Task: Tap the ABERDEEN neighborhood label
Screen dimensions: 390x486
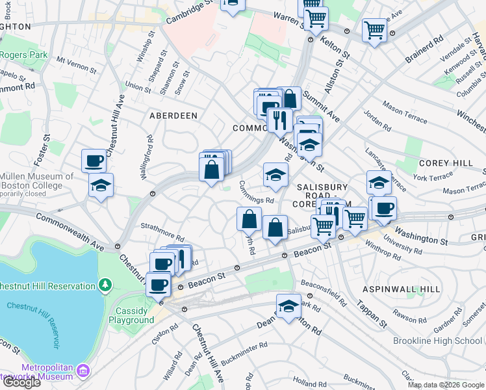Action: click(173, 115)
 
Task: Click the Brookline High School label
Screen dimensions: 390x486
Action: click(437, 341)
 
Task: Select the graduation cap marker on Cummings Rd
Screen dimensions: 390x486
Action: click(275, 174)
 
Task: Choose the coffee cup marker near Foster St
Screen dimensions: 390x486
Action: click(94, 160)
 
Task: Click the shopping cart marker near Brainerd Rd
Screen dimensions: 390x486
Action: click(375, 29)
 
